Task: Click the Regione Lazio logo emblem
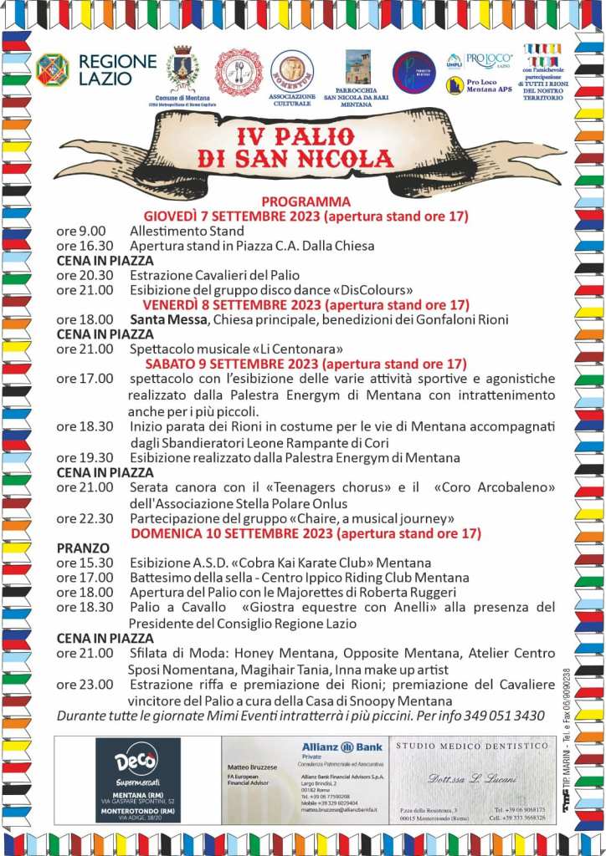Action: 52,70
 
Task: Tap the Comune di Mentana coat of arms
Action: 182,69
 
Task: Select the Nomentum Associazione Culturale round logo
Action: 292,71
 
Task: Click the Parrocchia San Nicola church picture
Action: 357,67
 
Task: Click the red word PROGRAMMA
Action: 306,201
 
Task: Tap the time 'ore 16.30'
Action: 84,246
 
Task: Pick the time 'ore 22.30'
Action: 84,518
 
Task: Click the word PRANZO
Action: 84,548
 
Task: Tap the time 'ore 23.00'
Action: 84,685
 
